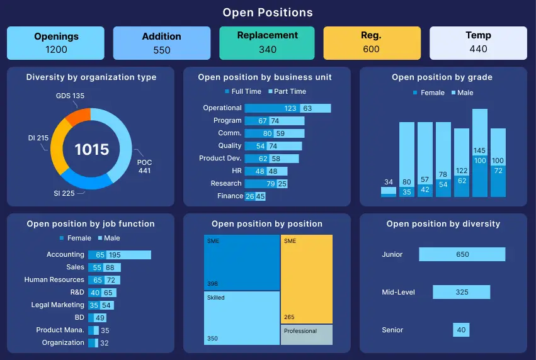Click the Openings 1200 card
tap(55, 43)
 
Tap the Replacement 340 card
tap(268, 43)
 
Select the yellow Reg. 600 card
tap(372, 43)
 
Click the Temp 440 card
tap(478, 43)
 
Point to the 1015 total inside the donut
tap(92, 149)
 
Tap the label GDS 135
tap(69, 96)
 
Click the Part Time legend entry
tap(287, 91)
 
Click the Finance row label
tap(230, 196)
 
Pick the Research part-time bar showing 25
tap(282, 184)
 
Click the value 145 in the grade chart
tap(480, 150)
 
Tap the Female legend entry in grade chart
tap(428, 93)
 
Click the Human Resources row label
tap(54, 279)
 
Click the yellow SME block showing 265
tap(307, 279)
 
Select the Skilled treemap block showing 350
tap(242, 318)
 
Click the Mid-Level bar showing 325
tap(462, 292)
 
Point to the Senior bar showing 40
tap(462, 330)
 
